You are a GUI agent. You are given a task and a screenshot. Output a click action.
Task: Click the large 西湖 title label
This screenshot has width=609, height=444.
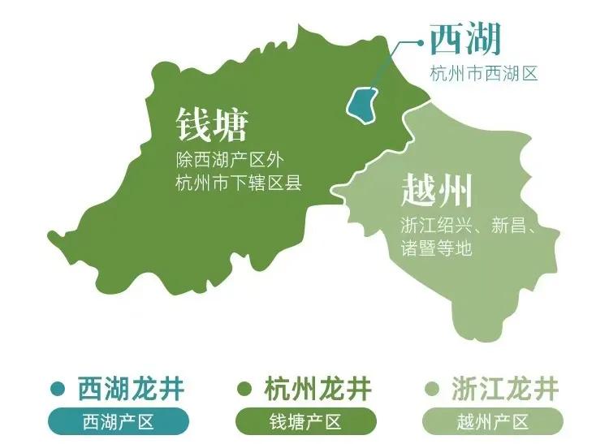pyautogui.click(x=465, y=39)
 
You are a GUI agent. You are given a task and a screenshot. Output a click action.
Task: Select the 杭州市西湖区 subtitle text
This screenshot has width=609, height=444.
pyautogui.click(x=484, y=74)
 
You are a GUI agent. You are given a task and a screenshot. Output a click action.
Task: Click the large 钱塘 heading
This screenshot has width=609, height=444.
pyautogui.click(x=212, y=124)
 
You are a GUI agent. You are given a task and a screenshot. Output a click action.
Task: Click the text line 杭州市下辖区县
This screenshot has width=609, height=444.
pyautogui.click(x=238, y=183)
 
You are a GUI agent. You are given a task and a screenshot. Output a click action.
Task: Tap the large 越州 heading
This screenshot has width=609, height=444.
pyautogui.click(x=437, y=192)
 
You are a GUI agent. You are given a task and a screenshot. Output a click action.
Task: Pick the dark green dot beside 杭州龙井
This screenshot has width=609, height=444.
pyautogui.click(x=243, y=389)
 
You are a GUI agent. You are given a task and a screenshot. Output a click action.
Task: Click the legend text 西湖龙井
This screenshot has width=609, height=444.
pyautogui.click(x=131, y=389)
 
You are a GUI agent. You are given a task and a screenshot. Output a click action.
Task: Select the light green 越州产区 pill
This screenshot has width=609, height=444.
pyautogui.click(x=492, y=422)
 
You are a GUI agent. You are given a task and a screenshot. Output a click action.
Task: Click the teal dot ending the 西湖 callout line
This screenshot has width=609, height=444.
pyautogui.click(x=420, y=39)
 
